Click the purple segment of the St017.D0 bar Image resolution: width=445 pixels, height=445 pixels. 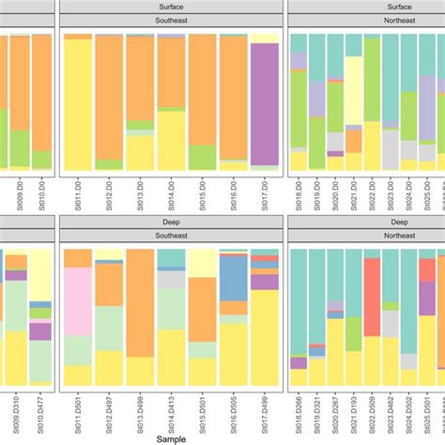pos(265,104)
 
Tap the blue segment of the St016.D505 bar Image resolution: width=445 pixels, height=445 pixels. pos(233,277)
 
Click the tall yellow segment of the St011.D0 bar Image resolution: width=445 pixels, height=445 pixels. pos(78,103)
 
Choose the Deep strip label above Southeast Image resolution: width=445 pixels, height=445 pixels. pos(170,219)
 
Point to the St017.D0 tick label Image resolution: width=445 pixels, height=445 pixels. pos(265,195)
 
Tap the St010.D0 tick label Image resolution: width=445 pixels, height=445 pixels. pos(41,195)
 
